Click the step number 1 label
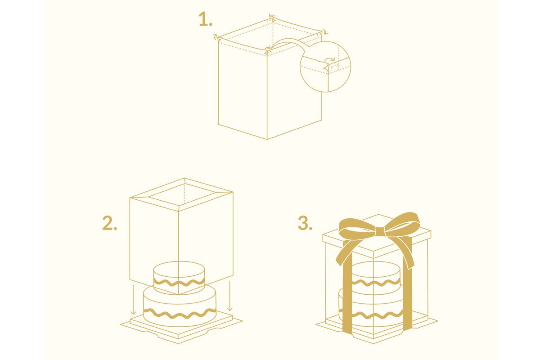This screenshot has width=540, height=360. [x=205, y=19]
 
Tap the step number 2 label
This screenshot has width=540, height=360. [x=109, y=223]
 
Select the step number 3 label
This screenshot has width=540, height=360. [x=305, y=223]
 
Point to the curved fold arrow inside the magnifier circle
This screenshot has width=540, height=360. [x=330, y=58]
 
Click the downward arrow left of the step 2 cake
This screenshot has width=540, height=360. [x=133, y=300]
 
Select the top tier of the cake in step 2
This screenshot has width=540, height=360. [x=179, y=278]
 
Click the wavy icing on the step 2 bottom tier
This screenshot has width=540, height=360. [x=180, y=314]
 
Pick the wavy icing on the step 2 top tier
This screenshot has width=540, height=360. [x=179, y=282]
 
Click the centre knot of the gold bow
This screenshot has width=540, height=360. [x=378, y=233]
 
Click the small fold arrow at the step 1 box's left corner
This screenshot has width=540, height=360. [x=215, y=36]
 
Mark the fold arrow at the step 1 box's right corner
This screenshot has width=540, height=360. [x=325, y=32]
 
